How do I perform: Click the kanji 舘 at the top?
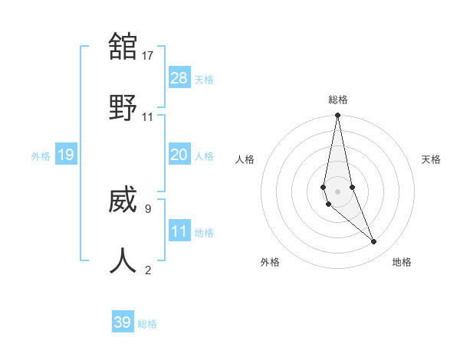tap(123, 47)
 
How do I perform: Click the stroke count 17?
tap(148, 56)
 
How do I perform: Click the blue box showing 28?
tap(179, 78)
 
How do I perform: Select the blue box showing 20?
tap(179, 155)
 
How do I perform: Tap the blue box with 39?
tap(123, 322)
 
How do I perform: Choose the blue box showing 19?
tap(66, 155)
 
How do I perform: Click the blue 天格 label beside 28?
tap(204, 80)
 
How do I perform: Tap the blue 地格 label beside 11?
tap(204, 233)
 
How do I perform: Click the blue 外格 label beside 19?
tap(41, 156)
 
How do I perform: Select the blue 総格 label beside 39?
tap(147, 324)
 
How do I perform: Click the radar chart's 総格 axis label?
tap(338, 100)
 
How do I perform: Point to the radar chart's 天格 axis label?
tap(432, 159)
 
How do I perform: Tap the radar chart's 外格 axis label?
tap(270, 262)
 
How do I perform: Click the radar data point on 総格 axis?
tap(338, 115)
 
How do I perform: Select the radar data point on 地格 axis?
tap(374, 242)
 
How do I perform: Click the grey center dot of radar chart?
tap(338, 191)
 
